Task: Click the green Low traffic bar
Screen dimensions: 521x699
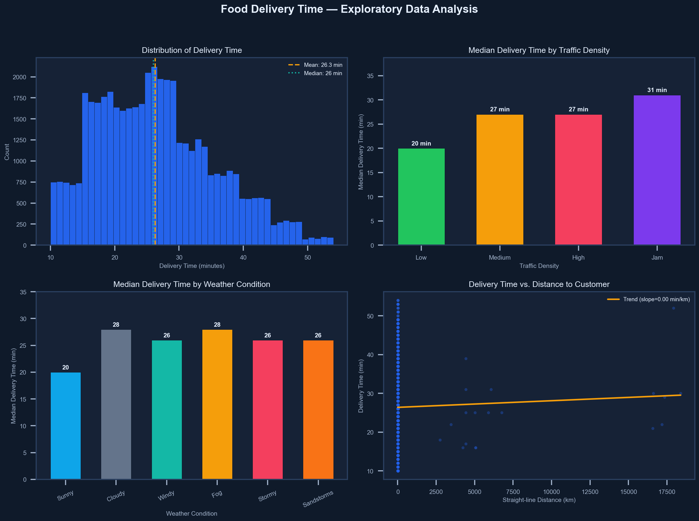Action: click(421, 196)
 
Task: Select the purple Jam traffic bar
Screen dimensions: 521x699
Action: click(657, 170)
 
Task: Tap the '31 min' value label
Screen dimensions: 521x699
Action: click(657, 90)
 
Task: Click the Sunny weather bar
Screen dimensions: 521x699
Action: click(66, 425)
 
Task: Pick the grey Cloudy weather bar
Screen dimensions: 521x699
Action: click(116, 404)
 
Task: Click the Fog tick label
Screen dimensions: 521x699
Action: click(217, 494)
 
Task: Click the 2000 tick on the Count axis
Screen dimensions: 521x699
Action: click(20, 77)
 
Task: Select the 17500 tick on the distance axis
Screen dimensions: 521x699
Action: click(667, 492)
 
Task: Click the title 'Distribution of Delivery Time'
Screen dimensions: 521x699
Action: click(192, 50)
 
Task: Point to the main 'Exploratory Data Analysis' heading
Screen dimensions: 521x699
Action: click(349, 9)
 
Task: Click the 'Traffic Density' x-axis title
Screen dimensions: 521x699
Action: click(539, 266)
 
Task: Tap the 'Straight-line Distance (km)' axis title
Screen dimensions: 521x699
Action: click(539, 500)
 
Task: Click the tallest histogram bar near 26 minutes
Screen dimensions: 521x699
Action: click(154, 156)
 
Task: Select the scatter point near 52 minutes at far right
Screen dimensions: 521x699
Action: click(673, 308)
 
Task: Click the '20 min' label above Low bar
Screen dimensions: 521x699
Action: click(421, 143)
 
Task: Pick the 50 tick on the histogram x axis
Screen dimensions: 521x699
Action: click(307, 257)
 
